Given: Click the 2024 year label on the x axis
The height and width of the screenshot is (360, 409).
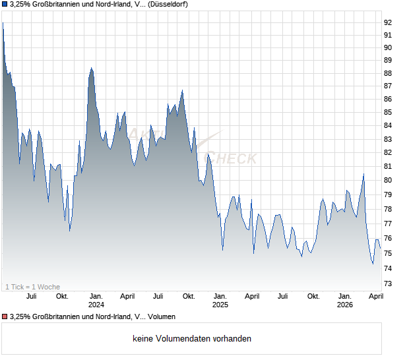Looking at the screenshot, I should click(x=96, y=305).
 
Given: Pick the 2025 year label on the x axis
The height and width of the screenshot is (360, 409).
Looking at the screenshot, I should click(x=220, y=305).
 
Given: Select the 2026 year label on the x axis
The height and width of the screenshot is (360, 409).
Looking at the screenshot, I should click(x=345, y=305).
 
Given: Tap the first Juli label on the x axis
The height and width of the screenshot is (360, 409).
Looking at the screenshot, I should click(x=30, y=297).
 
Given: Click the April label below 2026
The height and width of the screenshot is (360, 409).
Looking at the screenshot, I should click(x=376, y=297).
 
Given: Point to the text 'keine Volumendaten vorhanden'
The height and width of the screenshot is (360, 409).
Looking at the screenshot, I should click(x=191, y=339).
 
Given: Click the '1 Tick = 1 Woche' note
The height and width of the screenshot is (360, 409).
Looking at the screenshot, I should click(x=32, y=287).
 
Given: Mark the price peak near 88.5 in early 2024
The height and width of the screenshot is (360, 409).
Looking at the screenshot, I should click(x=92, y=67).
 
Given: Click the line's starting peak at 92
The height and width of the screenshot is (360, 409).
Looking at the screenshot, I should click(x=3, y=23).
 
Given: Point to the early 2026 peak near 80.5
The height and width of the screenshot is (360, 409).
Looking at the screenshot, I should click(x=363, y=174).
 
